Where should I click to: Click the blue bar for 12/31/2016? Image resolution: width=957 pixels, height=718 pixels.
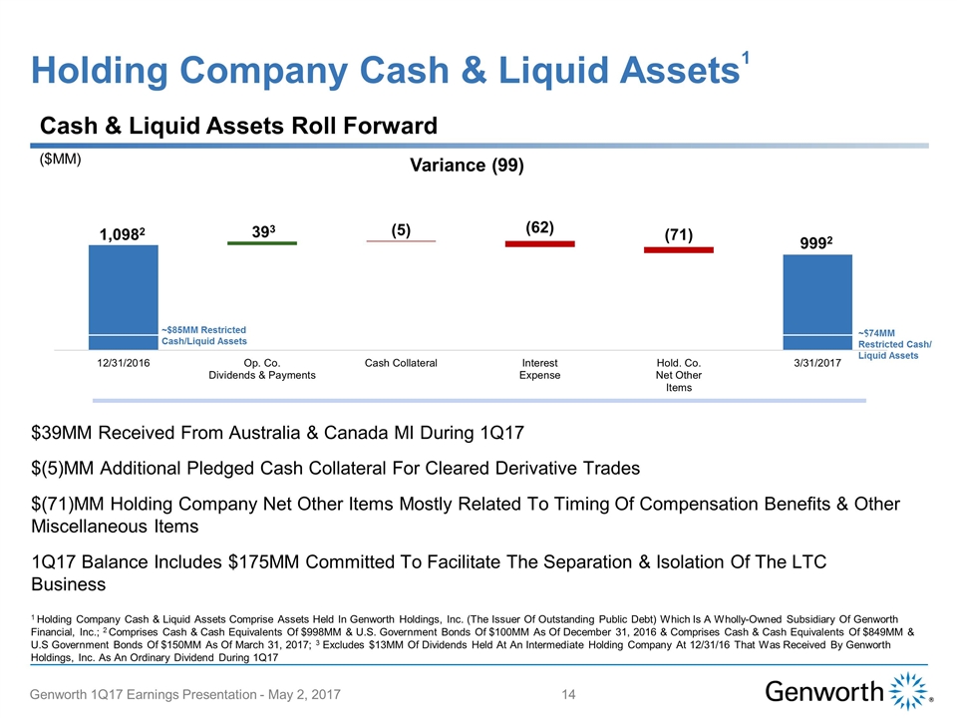click(124, 297)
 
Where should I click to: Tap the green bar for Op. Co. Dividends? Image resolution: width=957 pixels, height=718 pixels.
click(262, 242)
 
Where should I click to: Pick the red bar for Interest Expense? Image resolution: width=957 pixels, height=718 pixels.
click(539, 243)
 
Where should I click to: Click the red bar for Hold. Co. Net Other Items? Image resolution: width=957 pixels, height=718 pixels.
click(678, 249)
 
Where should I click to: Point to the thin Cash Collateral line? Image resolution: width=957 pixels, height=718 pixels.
click(401, 241)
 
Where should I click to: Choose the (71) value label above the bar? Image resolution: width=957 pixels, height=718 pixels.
click(678, 234)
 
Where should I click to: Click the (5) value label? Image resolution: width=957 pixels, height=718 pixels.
click(401, 228)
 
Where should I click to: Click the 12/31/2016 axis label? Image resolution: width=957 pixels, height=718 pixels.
click(123, 363)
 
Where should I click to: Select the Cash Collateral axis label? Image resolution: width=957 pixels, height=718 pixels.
click(401, 363)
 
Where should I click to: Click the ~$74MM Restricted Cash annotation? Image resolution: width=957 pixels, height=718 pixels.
click(894, 344)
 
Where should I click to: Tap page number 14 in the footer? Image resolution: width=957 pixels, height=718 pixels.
click(570, 693)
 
